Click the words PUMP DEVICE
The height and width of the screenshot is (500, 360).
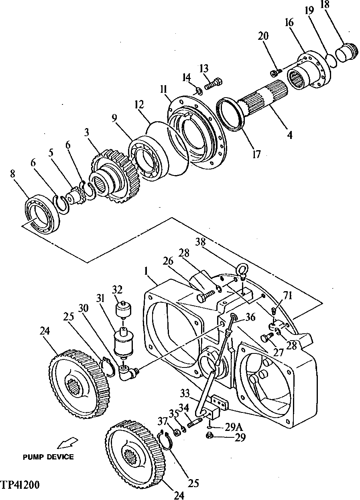pos(48,457)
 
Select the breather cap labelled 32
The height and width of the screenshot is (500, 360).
pos(123,310)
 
